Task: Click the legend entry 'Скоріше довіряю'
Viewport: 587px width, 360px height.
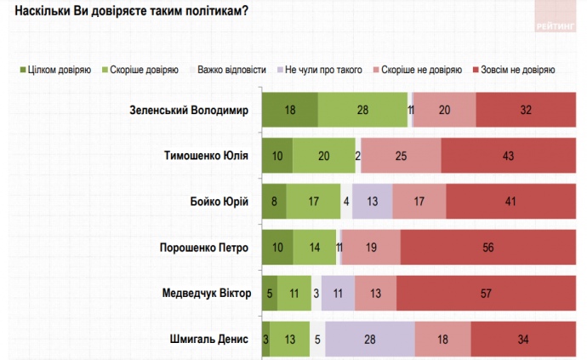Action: [x=140, y=69]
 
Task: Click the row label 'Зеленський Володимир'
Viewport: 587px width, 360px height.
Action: [x=188, y=110]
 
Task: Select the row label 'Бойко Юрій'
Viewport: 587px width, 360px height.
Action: [x=219, y=202]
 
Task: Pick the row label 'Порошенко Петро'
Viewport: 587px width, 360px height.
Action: [x=204, y=248]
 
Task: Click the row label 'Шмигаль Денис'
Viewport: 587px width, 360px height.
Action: [x=209, y=340]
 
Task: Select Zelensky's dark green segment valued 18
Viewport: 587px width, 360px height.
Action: [x=290, y=110]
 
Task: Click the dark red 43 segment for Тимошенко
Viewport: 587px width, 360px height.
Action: [x=508, y=156]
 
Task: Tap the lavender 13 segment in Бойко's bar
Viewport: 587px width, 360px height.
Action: [x=373, y=202]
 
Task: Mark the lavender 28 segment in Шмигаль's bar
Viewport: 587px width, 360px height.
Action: [x=369, y=340]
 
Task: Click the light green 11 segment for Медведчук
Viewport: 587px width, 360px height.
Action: [x=294, y=294]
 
